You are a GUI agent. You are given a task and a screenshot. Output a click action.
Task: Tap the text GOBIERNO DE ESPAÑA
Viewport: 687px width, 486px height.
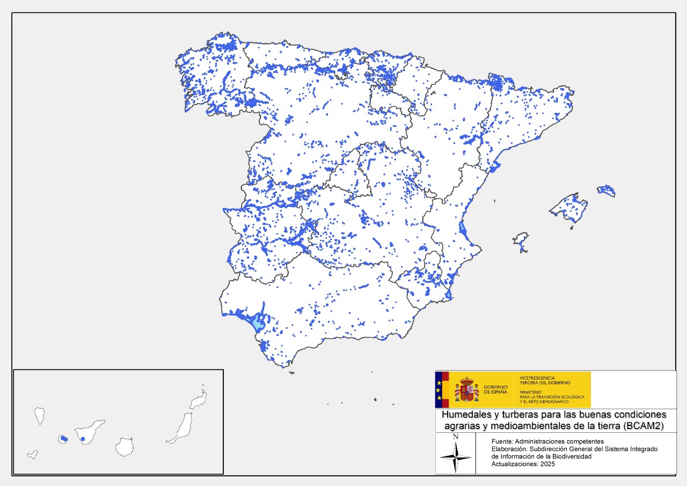point(495,389)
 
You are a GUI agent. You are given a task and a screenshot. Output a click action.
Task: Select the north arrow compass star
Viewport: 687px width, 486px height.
point(455,457)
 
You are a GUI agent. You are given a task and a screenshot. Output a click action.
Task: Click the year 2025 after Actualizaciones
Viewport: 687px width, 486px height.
point(545,464)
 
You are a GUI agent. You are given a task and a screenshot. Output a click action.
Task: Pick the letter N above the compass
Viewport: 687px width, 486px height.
point(455,437)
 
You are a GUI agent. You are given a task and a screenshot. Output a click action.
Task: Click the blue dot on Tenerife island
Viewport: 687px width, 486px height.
point(83,439)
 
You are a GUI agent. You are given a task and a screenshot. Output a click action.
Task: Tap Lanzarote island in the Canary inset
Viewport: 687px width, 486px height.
point(199,400)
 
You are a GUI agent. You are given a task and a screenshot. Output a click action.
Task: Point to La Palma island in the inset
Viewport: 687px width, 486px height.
point(39,415)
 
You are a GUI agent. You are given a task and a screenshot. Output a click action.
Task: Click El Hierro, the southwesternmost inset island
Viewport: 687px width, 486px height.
point(33,454)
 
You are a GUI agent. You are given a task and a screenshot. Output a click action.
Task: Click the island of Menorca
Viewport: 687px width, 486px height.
point(606,190)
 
